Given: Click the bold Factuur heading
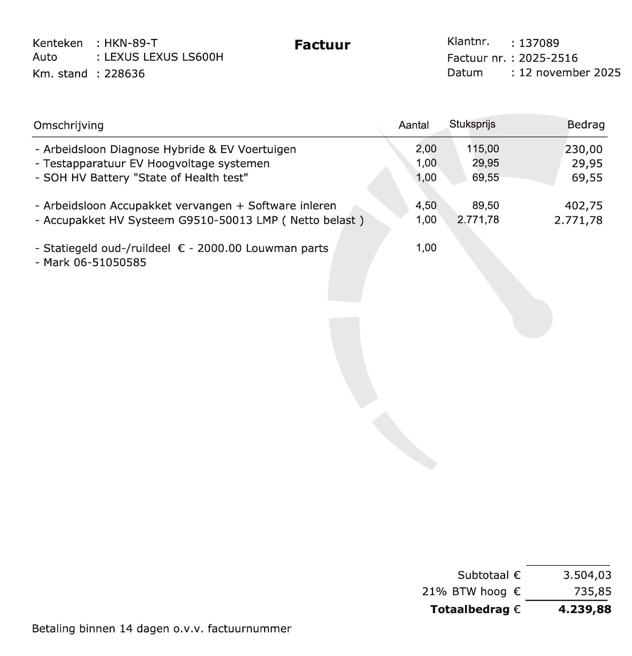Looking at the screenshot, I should [322, 45].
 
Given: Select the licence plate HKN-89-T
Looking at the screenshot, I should [131, 43].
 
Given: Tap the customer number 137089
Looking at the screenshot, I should [539, 43].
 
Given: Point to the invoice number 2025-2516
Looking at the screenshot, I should [548, 58].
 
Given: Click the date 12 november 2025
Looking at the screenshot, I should [569, 73].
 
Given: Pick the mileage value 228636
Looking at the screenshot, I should [124, 74].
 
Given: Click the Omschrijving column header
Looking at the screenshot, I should [69, 125].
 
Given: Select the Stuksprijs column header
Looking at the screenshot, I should [472, 124].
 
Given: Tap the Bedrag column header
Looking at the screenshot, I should [586, 125].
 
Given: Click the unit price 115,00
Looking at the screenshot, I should [482, 149].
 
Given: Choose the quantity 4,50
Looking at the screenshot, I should [426, 206].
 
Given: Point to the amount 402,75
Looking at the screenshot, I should [584, 206].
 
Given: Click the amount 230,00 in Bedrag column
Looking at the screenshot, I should [584, 150].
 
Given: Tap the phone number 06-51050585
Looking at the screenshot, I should [110, 263].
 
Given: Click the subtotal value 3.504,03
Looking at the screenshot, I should [587, 575].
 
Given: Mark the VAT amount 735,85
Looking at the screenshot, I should [592, 592].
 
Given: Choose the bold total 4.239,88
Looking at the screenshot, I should [585, 610].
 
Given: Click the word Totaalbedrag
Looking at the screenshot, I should [470, 610].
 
